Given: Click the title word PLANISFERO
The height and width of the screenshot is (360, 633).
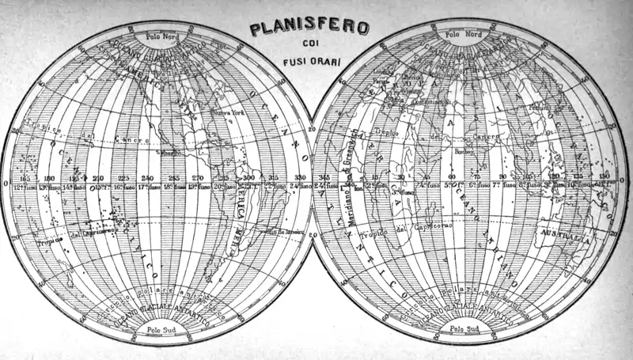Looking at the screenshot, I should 309,28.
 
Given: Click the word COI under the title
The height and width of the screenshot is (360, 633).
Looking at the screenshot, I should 309,45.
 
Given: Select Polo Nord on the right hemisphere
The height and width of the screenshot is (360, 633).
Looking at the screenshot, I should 464,34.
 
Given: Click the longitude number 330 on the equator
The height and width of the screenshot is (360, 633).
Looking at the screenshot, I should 299,178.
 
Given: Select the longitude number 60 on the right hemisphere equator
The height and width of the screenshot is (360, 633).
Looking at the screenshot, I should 452,178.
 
